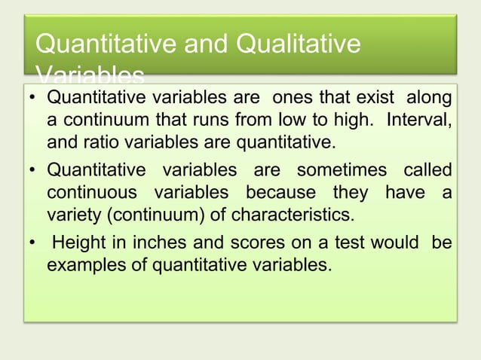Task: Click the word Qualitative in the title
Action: [299, 44]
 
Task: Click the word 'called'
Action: [427, 171]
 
